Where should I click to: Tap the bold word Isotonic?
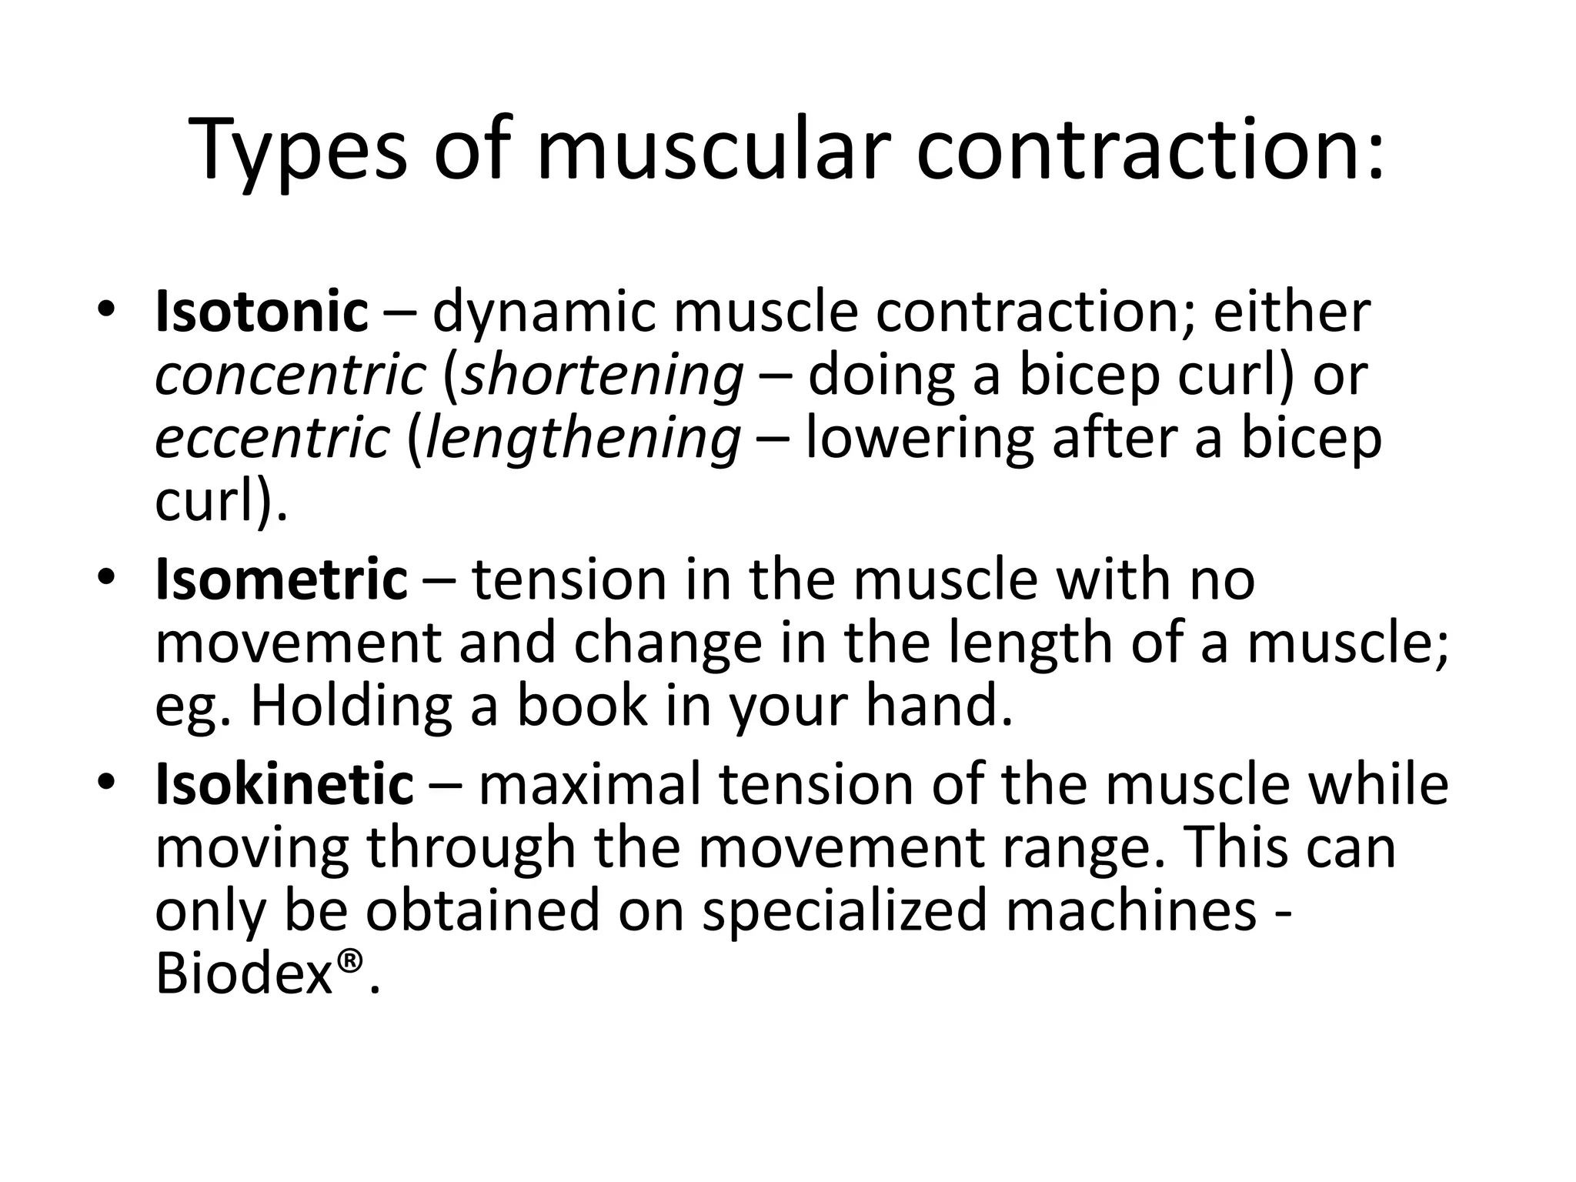[x=262, y=312]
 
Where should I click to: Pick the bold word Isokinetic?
[x=284, y=784]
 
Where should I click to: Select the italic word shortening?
[x=603, y=377]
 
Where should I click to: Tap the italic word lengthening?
[x=583, y=440]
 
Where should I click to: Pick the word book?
[x=582, y=706]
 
